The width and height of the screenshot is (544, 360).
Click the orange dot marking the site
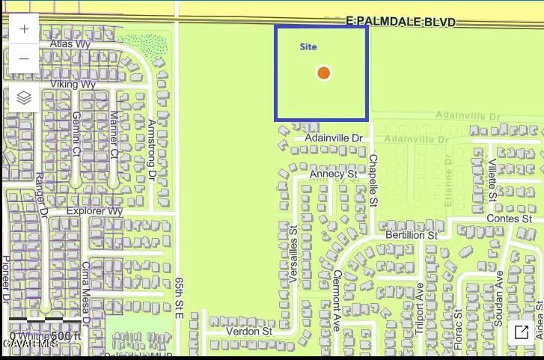pyautogui.click(x=323, y=73)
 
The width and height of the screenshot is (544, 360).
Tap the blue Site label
pyautogui.click(x=308, y=46)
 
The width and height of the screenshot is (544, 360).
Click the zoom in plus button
pyautogui.click(x=24, y=29)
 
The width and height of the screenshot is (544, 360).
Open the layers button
pyautogui.click(x=24, y=97)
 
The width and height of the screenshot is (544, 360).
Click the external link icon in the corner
pyautogui.click(x=521, y=332)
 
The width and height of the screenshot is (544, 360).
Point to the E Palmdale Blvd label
pyautogui.click(x=401, y=22)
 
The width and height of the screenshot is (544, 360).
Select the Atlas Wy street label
pyautogui.click(x=70, y=44)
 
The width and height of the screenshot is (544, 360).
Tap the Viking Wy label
pyautogui.click(x=73, y=85)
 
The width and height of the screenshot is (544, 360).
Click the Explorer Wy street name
pyautogui.click(x=94, y=212)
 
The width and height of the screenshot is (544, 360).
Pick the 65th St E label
pyautogui.click(x=180, y=298)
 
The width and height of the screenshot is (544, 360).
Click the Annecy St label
pyautogui.click(x=333, y=174)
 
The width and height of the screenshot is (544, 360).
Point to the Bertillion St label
pyautogui.click(x=411, y=235)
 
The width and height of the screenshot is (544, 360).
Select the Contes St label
pyautogui.click(x=508, y=219)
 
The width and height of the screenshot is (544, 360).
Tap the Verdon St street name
pyautogui.click(x=248, y=331)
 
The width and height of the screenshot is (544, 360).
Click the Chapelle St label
pyautogui.click(x=373, y=180)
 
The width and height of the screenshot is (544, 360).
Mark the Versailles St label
pyautogui.click(x=293, y=254)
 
